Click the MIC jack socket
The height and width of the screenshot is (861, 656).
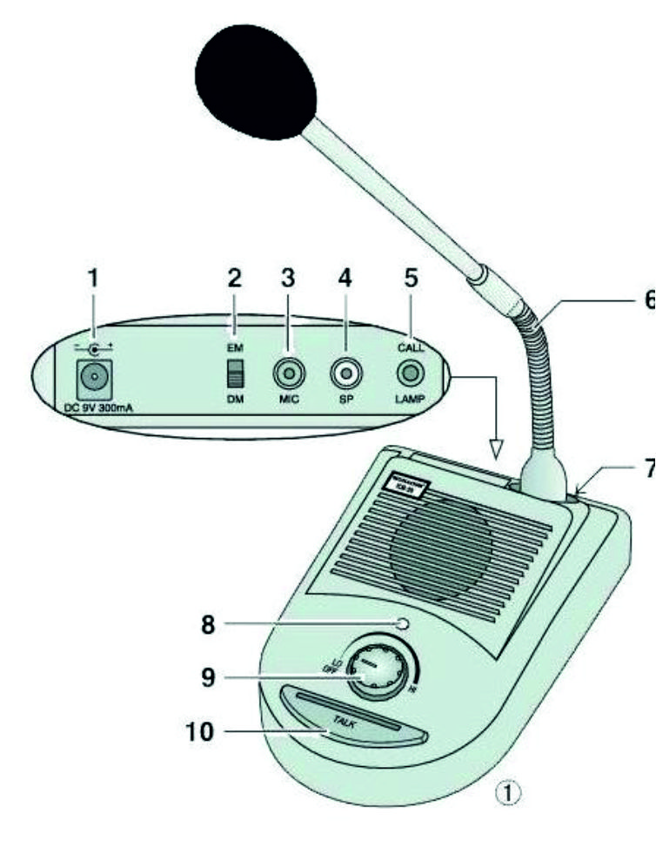(x=287, y=375)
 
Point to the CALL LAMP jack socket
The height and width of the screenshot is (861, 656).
(x=411, y=374)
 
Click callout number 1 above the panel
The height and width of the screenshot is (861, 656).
(x=95, y=279)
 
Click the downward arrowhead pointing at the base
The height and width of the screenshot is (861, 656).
(x=498, y=449)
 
